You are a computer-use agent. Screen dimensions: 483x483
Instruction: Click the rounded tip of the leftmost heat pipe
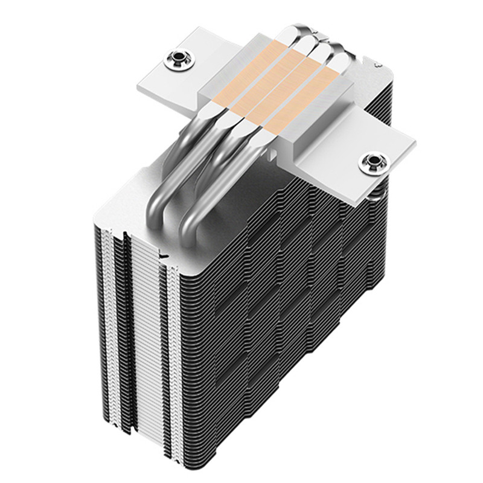(x=294, y=31)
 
